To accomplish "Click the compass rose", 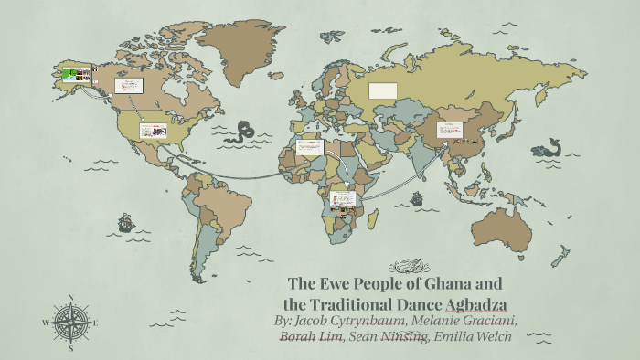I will (70, 322).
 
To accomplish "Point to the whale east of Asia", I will (549, 147).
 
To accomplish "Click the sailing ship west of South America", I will (125, 222).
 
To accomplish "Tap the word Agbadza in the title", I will (475, 303).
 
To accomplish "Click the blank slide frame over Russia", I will (382, 90).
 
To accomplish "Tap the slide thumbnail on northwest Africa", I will (310, 147).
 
